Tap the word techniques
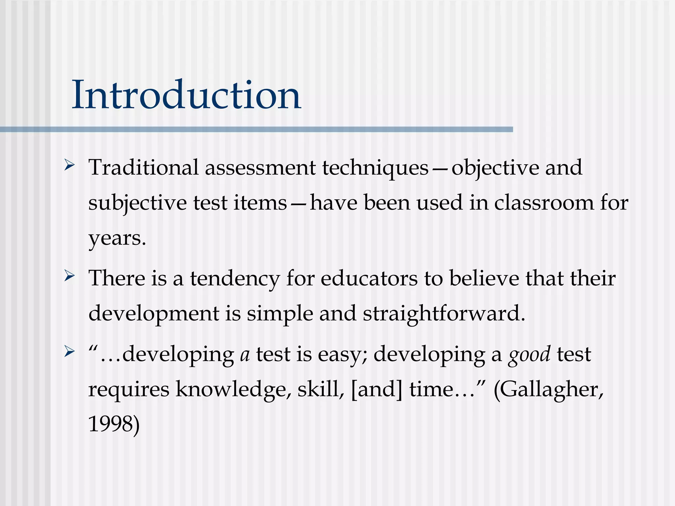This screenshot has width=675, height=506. pos(375,168)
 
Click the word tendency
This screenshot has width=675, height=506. pos(235,279)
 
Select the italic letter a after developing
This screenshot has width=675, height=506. pos(245,355)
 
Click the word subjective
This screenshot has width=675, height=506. pos(137,203)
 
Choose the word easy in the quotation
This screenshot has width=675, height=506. pos(343,355)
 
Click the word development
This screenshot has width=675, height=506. pos(154,314)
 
